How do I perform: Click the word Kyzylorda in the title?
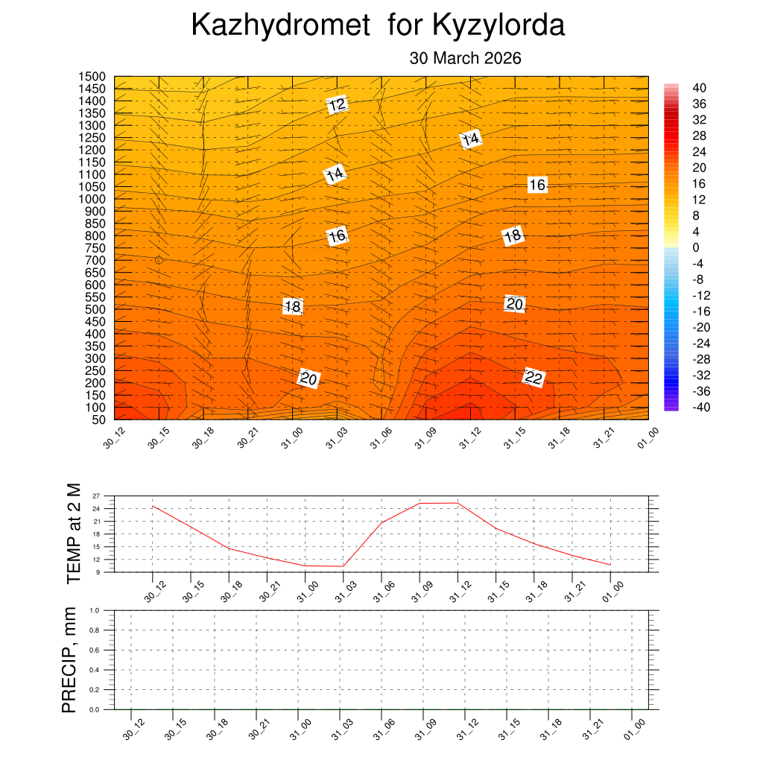tap(498, 26)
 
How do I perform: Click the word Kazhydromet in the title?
tap(281, 26)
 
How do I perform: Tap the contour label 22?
tap(534, 378)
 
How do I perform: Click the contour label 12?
tap(337, 104)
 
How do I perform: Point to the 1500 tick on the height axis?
tap(92, 77)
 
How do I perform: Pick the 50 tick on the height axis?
tap(98, 420)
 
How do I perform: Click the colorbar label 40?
tap(699, 88)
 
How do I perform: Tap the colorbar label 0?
tap(696, 247)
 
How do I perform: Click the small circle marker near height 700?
tap(159, 260)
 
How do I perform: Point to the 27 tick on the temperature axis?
tap(96, 496)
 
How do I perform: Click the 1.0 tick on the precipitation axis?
tap(95, 610)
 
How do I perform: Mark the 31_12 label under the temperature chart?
tap(452, 593)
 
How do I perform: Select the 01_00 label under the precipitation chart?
tap(633, 732)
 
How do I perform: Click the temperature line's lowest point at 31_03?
tap(343, 566)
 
